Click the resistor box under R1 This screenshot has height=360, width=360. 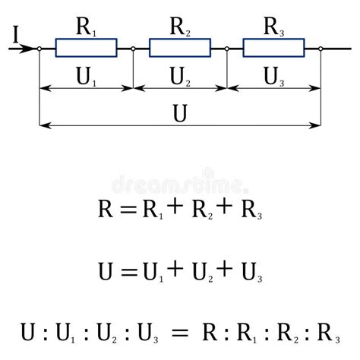(87, 49)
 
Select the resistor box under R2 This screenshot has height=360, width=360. (180, 49)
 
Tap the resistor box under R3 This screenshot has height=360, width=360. (273, 49)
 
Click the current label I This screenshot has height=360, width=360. (15, 33)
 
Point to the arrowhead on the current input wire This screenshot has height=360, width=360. (29, 49)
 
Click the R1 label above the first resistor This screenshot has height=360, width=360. (86, 28)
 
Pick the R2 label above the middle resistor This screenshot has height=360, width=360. (180, 28)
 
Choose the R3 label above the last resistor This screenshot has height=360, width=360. (273, 28)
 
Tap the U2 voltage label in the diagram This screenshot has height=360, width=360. (180, 76)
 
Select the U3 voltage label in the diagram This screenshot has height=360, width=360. (273, 76)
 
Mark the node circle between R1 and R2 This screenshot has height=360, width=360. (133, 49)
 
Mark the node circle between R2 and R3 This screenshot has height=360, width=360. (227, 49)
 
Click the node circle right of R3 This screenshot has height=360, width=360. (321, 49)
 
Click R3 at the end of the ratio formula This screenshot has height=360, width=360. (330, 332)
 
